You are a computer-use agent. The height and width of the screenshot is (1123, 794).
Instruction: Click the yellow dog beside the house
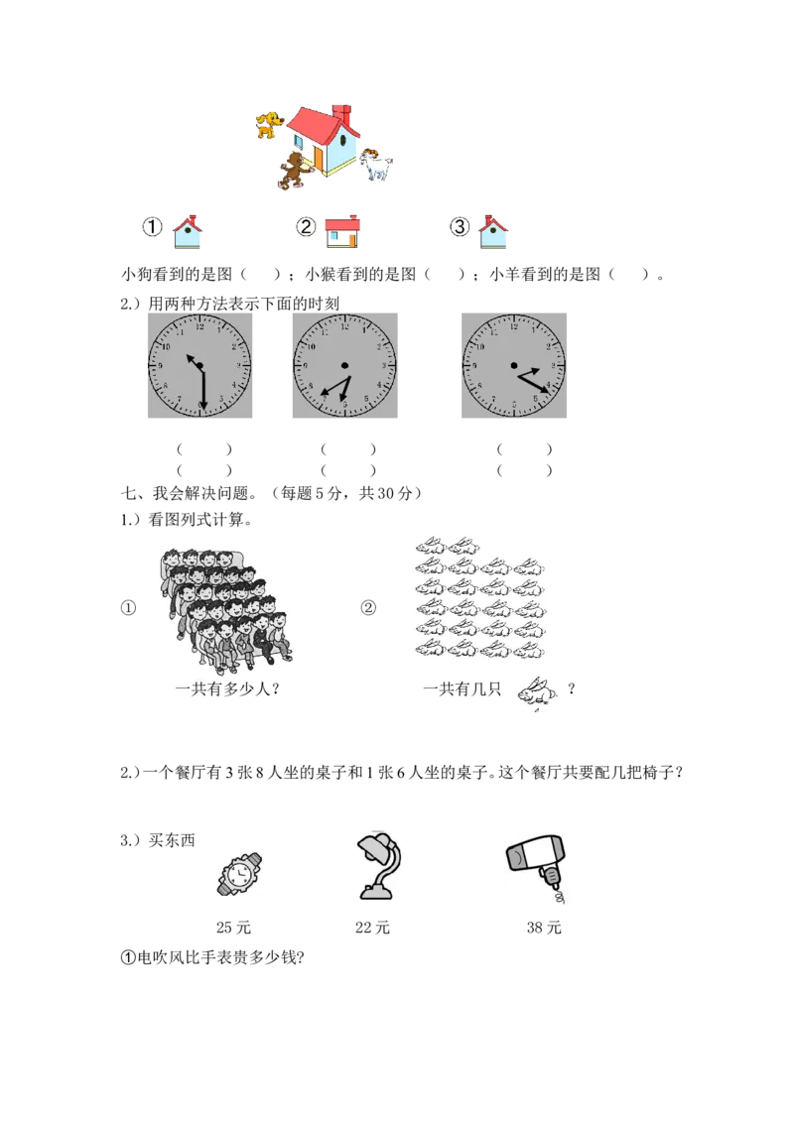(269, 124)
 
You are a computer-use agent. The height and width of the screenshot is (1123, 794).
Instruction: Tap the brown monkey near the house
(294, 171)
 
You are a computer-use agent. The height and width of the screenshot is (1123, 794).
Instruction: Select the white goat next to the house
(376, 165)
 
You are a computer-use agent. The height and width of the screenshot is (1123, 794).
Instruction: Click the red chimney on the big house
(343, 115)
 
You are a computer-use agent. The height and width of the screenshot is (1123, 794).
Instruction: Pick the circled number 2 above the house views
(306, 227)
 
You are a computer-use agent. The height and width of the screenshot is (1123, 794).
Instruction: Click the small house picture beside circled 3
(493, 231)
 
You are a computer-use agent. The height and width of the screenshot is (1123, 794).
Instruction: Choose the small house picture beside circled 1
(187, 231)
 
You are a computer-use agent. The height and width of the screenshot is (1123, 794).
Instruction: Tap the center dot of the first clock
(199, 366)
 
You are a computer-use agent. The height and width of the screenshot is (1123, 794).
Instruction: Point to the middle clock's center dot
(344, 365)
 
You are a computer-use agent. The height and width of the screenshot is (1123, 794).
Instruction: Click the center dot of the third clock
(514, 365)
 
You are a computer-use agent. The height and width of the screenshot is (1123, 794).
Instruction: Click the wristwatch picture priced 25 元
(239, 874)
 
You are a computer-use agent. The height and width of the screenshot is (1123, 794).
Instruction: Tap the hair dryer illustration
(536, 868)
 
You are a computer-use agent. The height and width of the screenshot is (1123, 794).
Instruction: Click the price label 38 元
(544, 928)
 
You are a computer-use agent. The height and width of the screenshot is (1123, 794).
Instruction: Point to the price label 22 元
(372, 928)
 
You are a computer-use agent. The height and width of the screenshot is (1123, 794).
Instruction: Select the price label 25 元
(233, 928)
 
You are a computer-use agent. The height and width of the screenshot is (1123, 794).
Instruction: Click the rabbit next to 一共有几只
(536, 692)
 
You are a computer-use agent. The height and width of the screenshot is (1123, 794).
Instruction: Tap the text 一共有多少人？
(228, 689)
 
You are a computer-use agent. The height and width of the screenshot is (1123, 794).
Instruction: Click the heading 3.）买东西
(158, 840)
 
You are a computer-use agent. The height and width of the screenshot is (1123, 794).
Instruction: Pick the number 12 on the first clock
(199, 327)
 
